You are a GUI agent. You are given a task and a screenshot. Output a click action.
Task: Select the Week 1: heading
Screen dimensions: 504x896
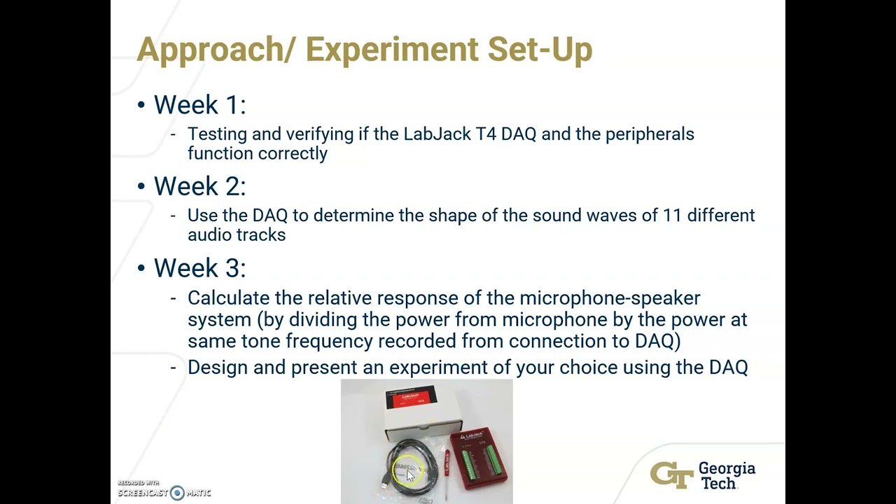199,105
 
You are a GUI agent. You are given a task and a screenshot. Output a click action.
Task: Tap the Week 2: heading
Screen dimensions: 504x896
199,186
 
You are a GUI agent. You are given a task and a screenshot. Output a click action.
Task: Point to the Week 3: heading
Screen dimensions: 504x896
199,268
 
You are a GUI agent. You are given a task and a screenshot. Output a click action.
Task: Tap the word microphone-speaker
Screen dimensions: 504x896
609,298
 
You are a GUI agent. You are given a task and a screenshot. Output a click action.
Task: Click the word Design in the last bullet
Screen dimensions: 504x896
217,367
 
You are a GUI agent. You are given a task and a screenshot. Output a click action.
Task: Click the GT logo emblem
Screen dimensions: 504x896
671,475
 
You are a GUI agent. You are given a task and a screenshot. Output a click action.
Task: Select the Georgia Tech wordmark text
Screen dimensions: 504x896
727,475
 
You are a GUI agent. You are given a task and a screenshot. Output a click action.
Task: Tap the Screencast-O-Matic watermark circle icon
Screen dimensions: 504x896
177,493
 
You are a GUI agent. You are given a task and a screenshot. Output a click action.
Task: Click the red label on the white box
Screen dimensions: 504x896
412,400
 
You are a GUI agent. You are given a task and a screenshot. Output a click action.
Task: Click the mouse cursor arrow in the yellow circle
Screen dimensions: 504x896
410,475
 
